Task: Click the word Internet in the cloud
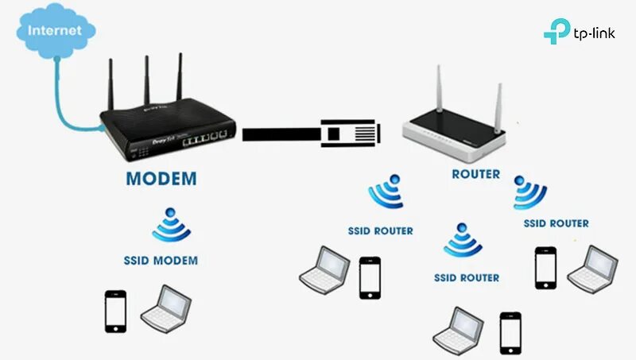pos(55,31)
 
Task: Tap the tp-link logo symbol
pos(556,33)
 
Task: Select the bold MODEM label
pos(161,178)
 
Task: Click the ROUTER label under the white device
pos(475,174)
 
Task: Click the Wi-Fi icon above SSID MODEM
pos(171,226)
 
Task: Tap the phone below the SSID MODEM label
pos(116,311)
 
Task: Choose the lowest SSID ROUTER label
pos(467,278)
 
